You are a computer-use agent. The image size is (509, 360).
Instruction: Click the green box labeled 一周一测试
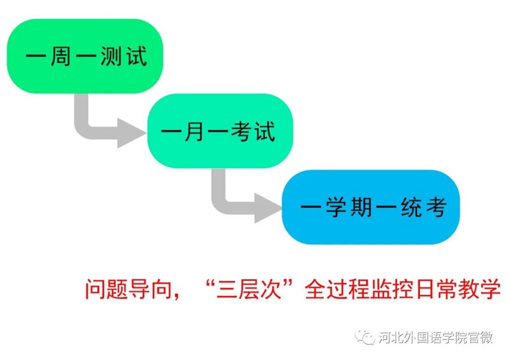click(x=85, y=56)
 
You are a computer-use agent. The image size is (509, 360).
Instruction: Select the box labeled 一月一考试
click(x=220, y=131)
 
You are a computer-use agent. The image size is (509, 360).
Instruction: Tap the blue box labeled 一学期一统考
click(x=371, y=207)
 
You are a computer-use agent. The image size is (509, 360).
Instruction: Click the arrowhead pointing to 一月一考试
click(x=132, y=133)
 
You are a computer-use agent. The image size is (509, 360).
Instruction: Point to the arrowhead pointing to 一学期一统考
click(x=268, y=208)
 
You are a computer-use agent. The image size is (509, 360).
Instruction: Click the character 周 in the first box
click(x=61, y=56)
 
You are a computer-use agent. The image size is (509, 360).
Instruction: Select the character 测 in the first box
click(x=111, y=56)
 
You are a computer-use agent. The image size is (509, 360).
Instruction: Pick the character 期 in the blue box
click(x=361, y=207)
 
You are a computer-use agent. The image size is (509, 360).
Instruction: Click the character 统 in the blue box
click(x=411, y=207)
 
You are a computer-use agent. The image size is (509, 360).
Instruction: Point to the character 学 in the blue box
click(x=336, y=207)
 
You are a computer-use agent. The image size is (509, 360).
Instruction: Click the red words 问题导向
click(x=128, y=289)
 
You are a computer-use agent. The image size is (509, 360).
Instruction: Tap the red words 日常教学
click(x=458, y=289)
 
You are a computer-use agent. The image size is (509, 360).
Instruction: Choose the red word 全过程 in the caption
click(x=337, y=289)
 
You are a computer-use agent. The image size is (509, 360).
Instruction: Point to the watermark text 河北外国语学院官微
click(x=435, y=338)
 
